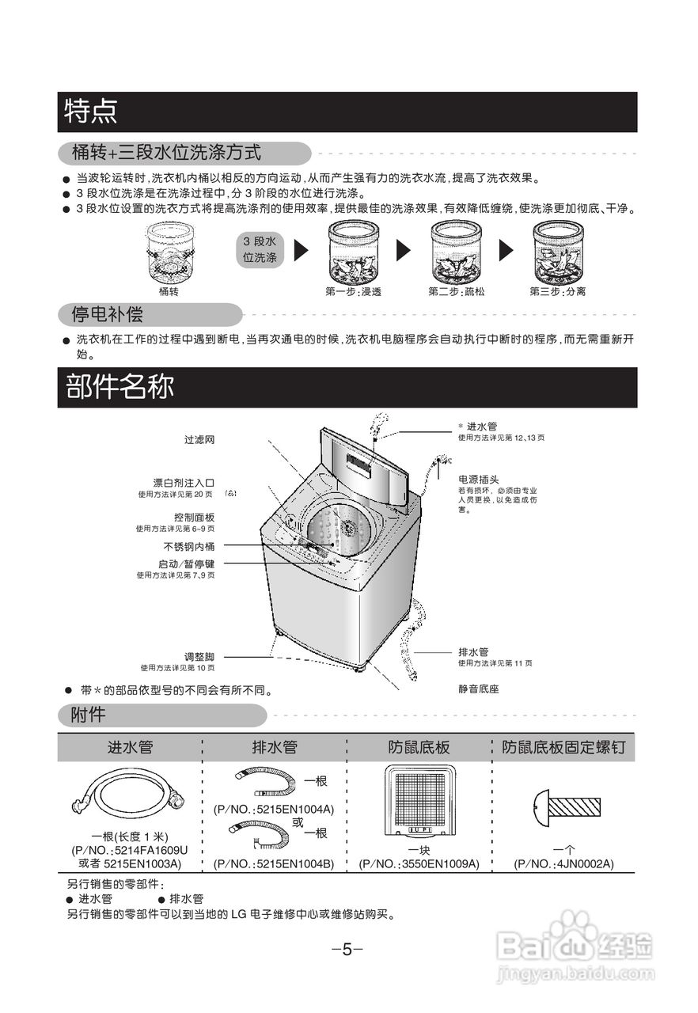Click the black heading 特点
92,112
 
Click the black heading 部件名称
119,388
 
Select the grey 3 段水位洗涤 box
259,249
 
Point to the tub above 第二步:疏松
456,251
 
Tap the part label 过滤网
199,439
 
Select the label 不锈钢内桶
189,547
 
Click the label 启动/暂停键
187,564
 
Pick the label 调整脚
199,657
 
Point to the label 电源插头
478,480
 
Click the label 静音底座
478,689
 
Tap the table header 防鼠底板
419,747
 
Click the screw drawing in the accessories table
563,807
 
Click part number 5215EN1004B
273,863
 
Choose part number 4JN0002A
563,863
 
